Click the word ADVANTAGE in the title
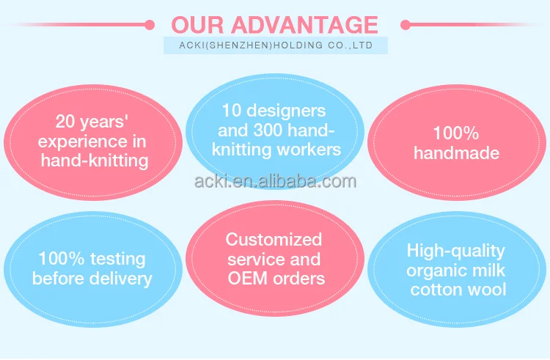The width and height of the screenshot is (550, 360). pyautogui.click(x=305, y=24)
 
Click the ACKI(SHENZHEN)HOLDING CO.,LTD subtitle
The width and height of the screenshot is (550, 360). pyautogui.click(x=276, y=45)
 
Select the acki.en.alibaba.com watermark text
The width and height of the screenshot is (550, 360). pyautogui.click(x=275, y=181)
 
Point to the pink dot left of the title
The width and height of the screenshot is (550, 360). pyautogui.click(x=150, y=25)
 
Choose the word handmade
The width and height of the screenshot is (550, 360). pyautogui.click(x=456, y=153)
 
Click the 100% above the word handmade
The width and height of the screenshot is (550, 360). pyautogui.click(x=456, y=133)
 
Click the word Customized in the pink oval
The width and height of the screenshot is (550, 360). pyautogui.click(x=274, y=240)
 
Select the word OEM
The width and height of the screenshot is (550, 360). pyautogui.click(x=247, y=279)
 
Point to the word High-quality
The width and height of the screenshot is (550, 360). pyautogui.click(x=456, y=251)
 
